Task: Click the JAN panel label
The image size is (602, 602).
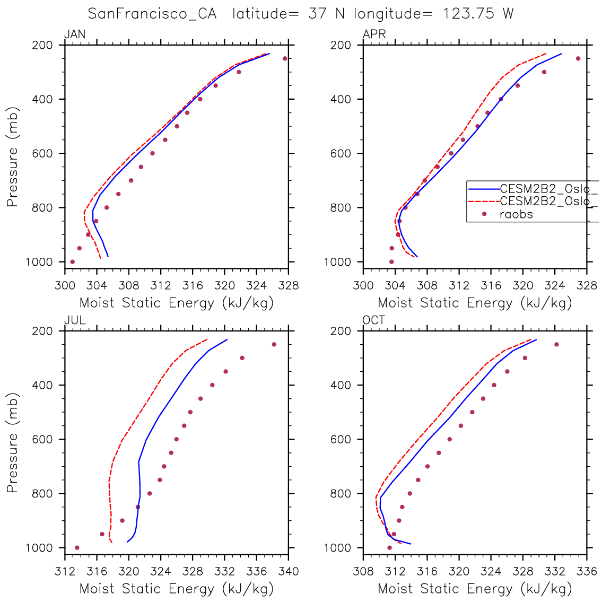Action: (74, 35)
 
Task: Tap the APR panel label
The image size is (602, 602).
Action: (374, 35)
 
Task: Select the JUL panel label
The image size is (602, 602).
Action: (74, 321)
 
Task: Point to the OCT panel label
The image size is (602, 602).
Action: (374, 321)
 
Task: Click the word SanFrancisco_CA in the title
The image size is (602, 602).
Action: (152, 14)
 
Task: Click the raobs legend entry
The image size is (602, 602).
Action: (516, 214)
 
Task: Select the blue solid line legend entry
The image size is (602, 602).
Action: (483, 189)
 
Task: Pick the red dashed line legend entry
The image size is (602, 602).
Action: (483, 202)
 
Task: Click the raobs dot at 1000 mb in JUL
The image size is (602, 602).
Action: (77, 547)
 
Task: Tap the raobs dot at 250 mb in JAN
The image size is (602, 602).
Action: (285, 58)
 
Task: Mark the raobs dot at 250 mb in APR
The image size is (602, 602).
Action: (578, 58)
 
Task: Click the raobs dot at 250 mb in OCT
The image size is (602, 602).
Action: (556, 344)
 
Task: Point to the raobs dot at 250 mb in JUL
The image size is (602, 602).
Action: (274, 344)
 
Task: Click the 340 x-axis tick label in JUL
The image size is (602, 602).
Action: (289, 572)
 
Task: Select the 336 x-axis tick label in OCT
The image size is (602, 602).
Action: (587, 572)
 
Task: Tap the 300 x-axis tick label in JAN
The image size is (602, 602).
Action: (65, 286)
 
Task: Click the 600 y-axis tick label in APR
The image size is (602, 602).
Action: (341, 153)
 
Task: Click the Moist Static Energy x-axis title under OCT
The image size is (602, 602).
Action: (475, 589)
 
